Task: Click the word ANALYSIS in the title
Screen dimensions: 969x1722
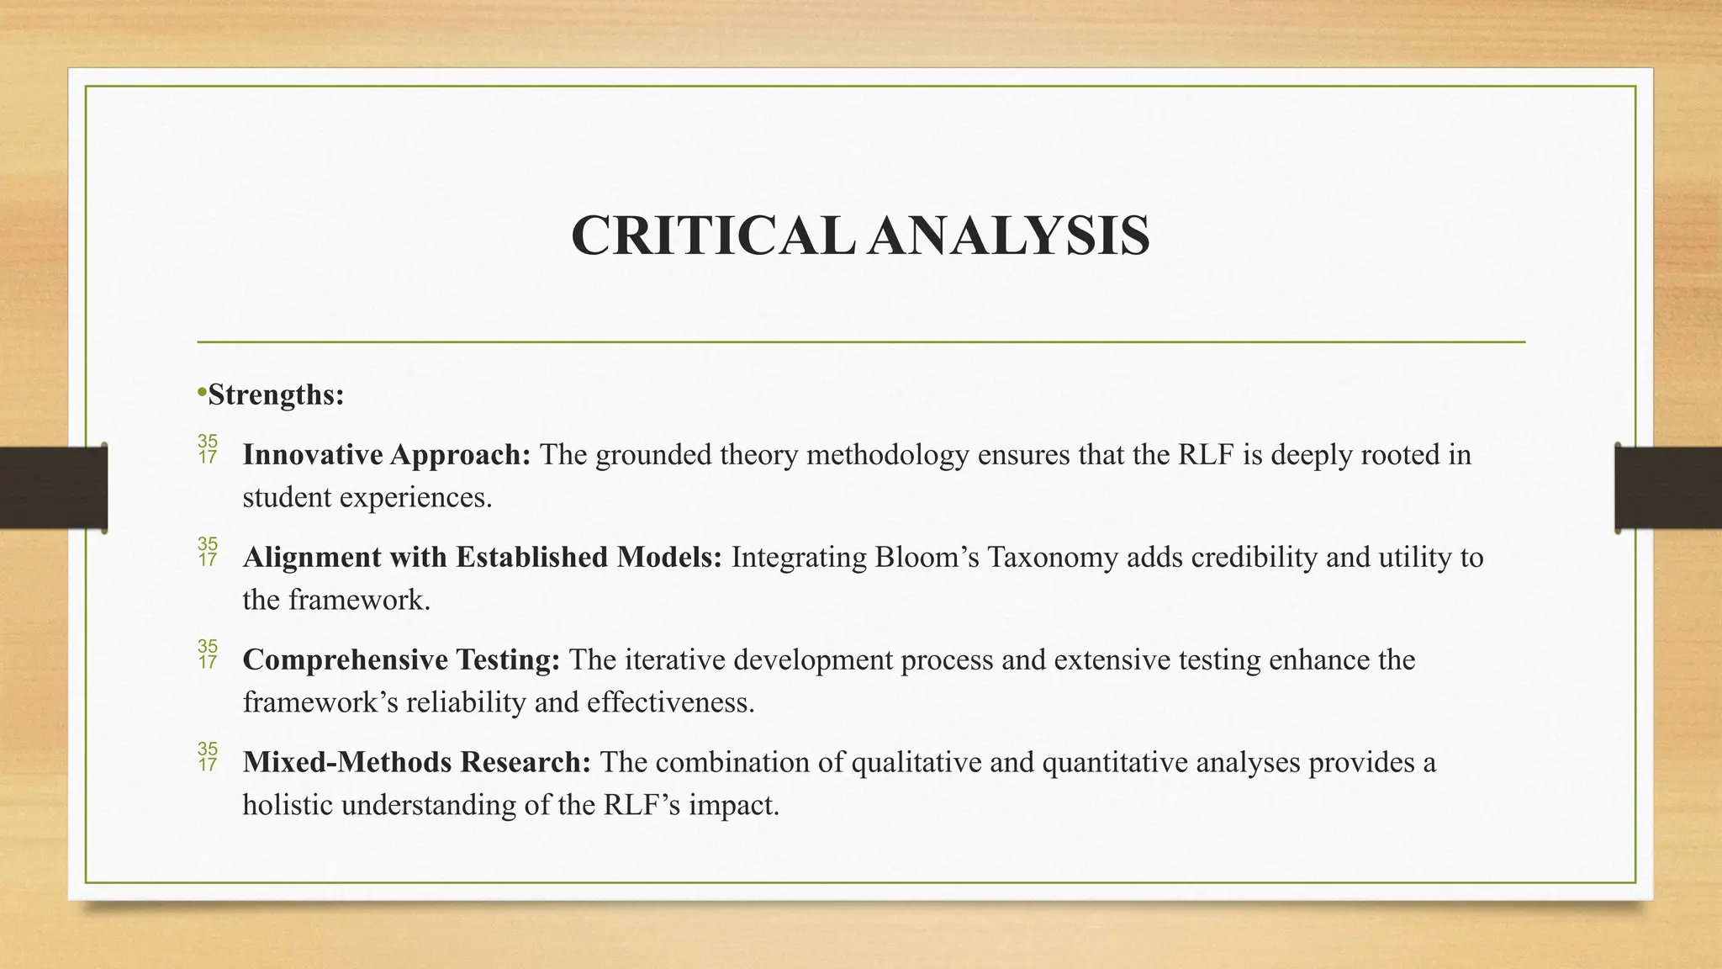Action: coord(1009,236)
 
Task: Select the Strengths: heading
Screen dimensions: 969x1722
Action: coord(276,394)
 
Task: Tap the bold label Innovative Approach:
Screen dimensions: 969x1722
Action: coord(387,455)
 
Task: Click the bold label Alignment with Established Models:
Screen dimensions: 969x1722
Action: coord(482,558)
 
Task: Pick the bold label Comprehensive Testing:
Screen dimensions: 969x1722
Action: coord(401,660)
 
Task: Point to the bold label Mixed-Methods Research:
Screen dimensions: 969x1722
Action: coord(417,763)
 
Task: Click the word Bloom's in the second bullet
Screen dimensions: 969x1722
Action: coord(926,558)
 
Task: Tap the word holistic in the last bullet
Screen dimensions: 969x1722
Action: coord(288,806)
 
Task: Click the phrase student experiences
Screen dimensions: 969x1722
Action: coord(367,498)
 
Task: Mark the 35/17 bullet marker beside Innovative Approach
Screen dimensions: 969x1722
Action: coord(207,450)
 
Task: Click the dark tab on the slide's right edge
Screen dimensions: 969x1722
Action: coord(1668,488)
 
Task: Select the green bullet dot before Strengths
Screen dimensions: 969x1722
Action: coord(202,392)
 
